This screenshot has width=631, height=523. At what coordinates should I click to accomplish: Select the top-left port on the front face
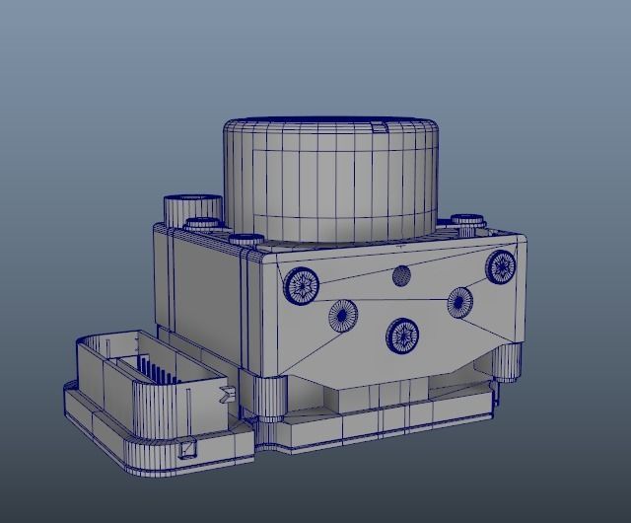302,285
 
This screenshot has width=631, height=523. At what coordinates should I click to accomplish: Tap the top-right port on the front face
502,265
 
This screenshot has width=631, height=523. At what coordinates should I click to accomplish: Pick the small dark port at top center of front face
401,275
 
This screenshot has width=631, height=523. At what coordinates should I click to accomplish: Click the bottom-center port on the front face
402,336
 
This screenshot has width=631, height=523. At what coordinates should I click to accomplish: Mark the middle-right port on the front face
460,300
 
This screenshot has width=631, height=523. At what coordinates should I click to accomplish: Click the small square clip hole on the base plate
187,450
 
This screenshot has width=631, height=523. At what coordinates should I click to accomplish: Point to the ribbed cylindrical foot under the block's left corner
264,397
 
